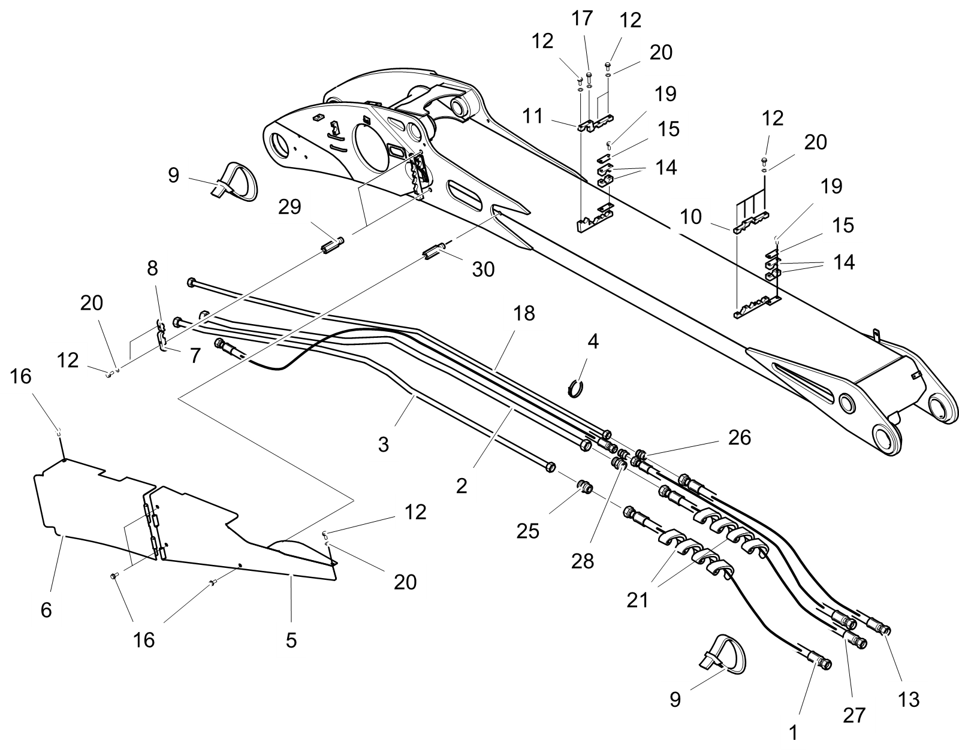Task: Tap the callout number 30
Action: coord(483,270)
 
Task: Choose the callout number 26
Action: coord(739,437)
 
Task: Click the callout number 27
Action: coord(855,714)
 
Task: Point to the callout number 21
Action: coord(638,599)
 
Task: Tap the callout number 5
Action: coord(291,640)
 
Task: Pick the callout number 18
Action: coord(524,313)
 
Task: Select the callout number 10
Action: coord(690,216)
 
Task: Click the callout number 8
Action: coord(152,268)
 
